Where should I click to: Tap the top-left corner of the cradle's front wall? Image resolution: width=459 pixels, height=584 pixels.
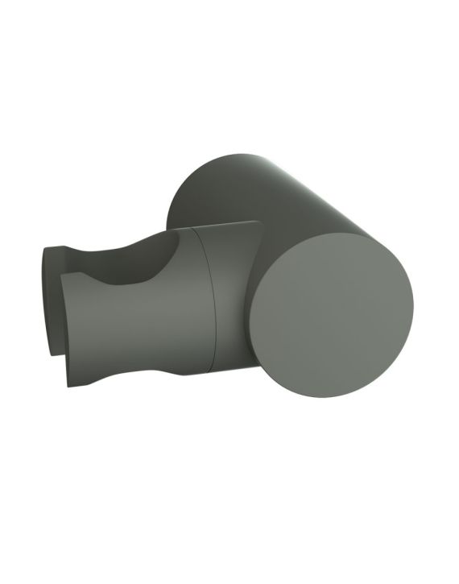point(63,279)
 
